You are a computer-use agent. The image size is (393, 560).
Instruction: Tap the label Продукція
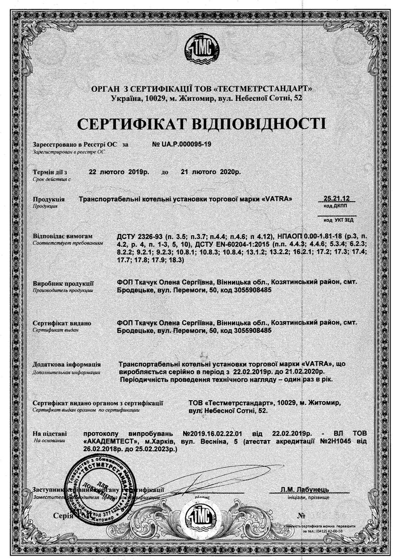(x=48, y=200)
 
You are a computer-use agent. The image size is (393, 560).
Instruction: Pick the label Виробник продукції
(x=63, y=283)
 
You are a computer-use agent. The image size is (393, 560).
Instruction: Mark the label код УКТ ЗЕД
(x=337, y=220)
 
